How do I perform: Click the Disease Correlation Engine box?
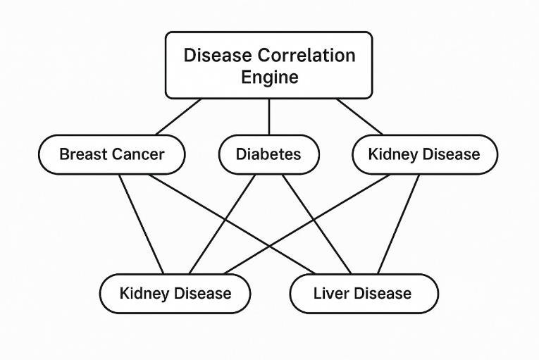[x=268, y=65]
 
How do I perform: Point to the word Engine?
[x=269, y=77]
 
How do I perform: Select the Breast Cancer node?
[x=111, y=154]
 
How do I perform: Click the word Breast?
[x=82, y=154]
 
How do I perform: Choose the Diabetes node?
[x=268, y=154]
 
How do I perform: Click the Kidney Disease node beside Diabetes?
[x=423, y=154]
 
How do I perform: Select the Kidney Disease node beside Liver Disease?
[x=175, y=293]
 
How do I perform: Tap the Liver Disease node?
[x=363, y=293]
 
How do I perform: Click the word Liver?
[x=330, y=293]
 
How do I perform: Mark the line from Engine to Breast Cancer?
[x=178, y=117]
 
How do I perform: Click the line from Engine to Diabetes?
[x=268, y=116]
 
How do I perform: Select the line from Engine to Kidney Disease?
[x=360, y=117]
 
